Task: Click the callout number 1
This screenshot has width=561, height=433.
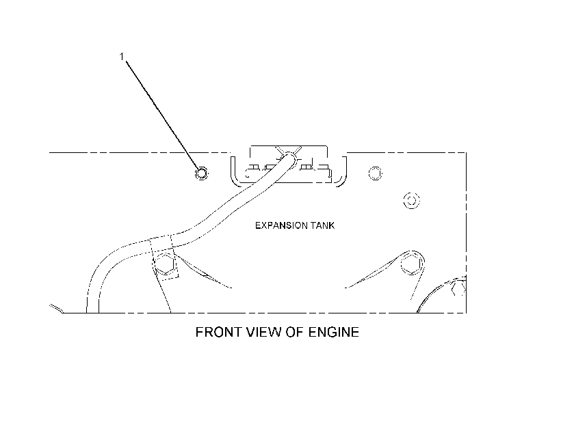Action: click(x=122, y=57)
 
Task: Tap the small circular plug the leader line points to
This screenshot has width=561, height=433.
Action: click(x=201, y=173)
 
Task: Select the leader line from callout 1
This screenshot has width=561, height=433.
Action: click(x=162, y=114)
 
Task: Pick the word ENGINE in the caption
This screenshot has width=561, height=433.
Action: click(x=333, y=332)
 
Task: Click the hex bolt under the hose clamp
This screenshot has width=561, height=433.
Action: click(x=165, y=264)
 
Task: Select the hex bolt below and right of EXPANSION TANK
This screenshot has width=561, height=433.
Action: click(x=412, y=264)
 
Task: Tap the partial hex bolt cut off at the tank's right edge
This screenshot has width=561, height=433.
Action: click(x=459, y=288)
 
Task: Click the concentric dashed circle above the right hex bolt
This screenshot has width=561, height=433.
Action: click(x=411, y=200)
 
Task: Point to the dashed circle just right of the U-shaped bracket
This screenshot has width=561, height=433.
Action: click(x=376, y=173)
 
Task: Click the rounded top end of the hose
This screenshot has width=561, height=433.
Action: click(x=289, y=156)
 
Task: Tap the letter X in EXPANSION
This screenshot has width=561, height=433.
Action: click(x=262, y=225)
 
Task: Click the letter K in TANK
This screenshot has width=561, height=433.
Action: click(x=332, y=225)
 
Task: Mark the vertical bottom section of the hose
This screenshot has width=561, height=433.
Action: click(x=92, y=300)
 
